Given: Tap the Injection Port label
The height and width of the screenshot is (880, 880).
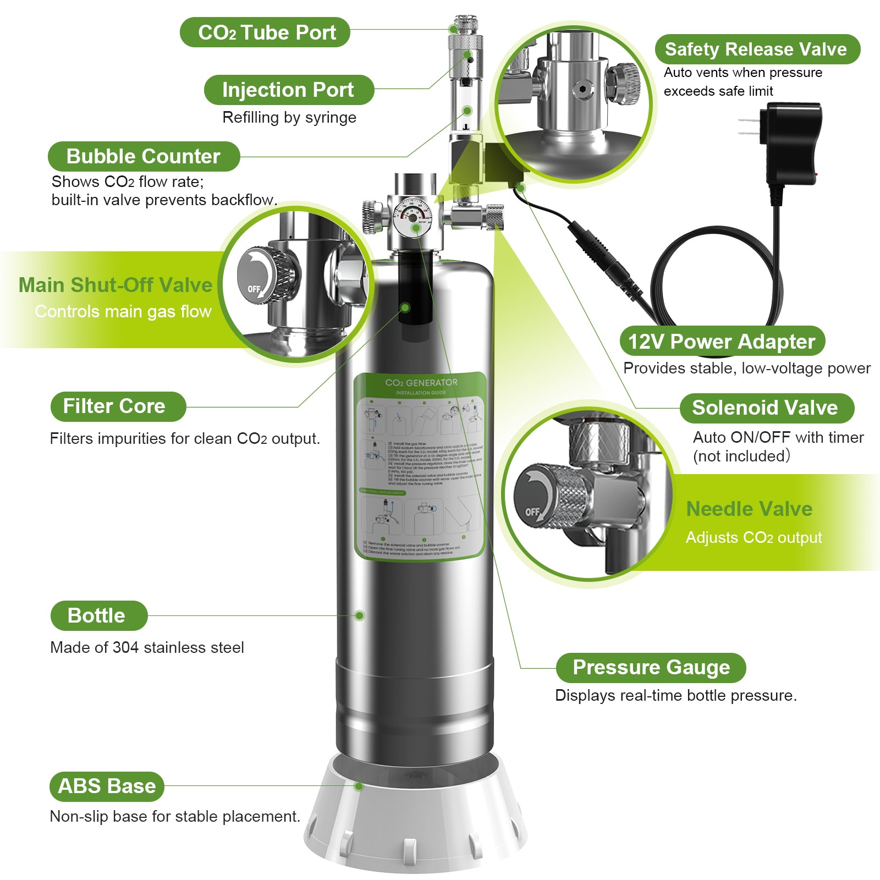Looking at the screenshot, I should click(289, 90).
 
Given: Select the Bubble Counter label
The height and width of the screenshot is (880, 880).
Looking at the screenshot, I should click(144, 156).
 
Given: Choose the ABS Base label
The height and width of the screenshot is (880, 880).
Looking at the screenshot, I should click(107, 786).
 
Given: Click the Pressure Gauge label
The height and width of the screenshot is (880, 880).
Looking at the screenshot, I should click(651, 667).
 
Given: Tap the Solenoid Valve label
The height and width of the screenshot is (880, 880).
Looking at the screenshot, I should click(766, 408).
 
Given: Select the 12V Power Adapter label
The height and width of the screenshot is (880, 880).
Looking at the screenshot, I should click(722, 342).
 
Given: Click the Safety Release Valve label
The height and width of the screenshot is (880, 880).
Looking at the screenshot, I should click(757, 50).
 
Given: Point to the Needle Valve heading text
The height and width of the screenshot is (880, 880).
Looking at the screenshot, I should click(749, 509).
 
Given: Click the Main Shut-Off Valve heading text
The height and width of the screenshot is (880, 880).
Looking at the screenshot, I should click(116, 285).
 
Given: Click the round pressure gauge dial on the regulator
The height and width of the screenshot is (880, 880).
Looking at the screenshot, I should click(413, 215).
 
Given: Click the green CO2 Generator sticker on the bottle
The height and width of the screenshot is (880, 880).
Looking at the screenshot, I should click(421, 465).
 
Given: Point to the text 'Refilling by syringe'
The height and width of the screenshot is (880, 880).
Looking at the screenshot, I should click(289, 118).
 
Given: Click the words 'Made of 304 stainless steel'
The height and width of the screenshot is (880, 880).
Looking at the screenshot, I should click(147, 647).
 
